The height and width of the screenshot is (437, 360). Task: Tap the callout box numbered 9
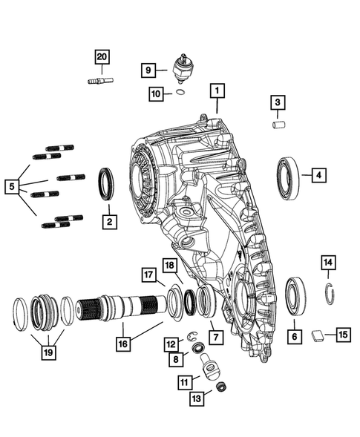coord(148,70)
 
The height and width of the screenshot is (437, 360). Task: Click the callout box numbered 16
coord(121,344)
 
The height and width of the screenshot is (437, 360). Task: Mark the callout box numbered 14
coord(328,262)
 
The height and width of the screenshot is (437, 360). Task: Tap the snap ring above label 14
coord(329,292)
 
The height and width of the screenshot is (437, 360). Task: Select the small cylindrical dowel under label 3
coord(278,125)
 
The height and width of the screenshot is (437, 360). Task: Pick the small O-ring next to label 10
coord(179,93)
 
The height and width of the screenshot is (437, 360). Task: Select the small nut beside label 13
coord(221,387)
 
